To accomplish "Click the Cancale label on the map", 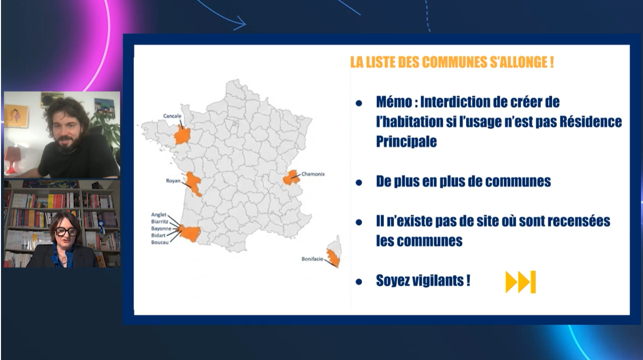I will [172, 116].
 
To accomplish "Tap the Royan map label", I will [174, 180].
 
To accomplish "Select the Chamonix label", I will [313, 174].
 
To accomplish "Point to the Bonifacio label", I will [312, 258].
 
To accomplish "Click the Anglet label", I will [159, 215].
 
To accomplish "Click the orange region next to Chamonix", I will [291, 177].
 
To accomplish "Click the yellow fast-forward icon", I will [520, 282].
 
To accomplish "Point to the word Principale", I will [406, 141].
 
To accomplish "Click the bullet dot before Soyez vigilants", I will [359, 282].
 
